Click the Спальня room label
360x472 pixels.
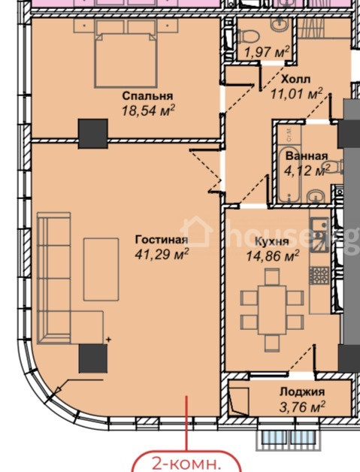[148, 96]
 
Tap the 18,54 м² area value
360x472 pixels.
[148, 110]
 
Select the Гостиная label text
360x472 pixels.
[162, 240]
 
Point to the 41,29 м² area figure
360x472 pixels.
[162, 254]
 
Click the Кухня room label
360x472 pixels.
[272, 241]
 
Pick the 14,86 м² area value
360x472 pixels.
[273, 256]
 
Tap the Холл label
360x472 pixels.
[295, 80]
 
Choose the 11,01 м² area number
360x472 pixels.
[297, 94]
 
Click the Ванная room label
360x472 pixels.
[307, 156]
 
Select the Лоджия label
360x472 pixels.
[302, 392]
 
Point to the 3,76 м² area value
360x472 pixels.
[302, 407]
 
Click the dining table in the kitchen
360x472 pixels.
[272, 310]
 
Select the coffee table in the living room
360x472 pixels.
[101, 269]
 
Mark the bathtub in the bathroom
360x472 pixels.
[289, 174]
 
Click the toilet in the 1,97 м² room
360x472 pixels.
[249, 36]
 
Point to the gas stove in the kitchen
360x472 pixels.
[319, 275]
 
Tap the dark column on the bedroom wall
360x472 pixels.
[93, 134]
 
